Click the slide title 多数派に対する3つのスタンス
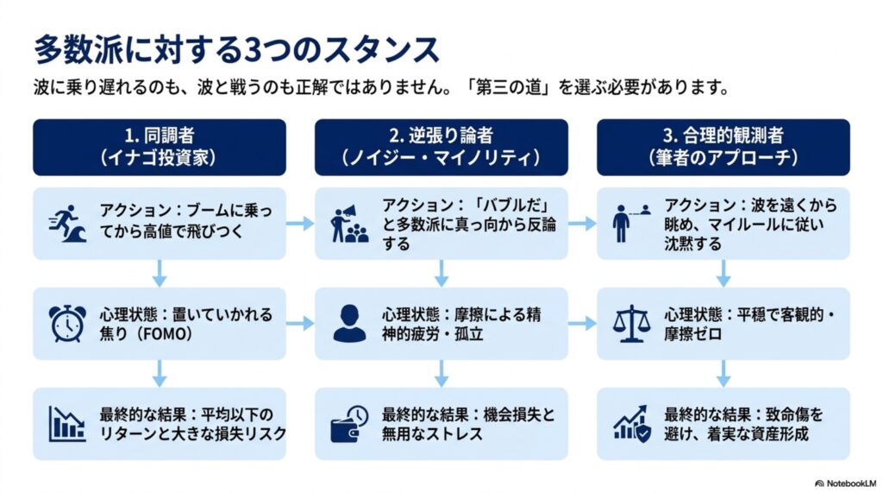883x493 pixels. tap(236, 49)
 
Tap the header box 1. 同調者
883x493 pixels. tap(160, 148)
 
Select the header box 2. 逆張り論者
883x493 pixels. tap(441, 148)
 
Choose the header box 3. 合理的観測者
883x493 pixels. tap(723, 148)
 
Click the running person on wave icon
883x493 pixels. tap(67, 224)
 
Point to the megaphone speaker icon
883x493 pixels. tap(349, 224)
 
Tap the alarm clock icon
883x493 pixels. tap(67, 323)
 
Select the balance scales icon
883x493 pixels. tap(631, 323)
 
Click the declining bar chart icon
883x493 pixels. tap(67, 424)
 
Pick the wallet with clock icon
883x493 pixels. tap(349, 424)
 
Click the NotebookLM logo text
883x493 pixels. tap(846, 484)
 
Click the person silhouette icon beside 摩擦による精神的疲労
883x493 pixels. tap(349, 323)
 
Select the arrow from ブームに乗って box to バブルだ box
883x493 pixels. tap(300, 224)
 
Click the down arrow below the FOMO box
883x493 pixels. tap(160, 373)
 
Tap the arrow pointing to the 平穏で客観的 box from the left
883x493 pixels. tap(582, 323)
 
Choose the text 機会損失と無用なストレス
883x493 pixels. tap(468, 424)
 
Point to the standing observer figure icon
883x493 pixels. tap(621, 224)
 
